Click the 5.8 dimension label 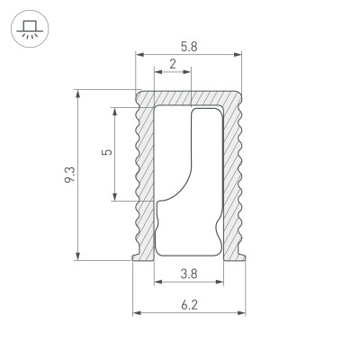(x=188, y=45)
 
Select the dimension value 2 (x=172, y=64)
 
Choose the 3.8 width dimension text (x=189, y=273)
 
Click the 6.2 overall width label (x=189, y=305)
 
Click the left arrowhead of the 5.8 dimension (x=139, y=55)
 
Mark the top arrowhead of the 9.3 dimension (x=79, y=94)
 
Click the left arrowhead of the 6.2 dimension (x=137, y=313)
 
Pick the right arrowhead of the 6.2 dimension (x=242, y=313)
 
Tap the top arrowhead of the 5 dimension (x=116, y=110)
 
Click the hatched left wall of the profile (x=144, y=180)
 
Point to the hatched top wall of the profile (x=189, y=96)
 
